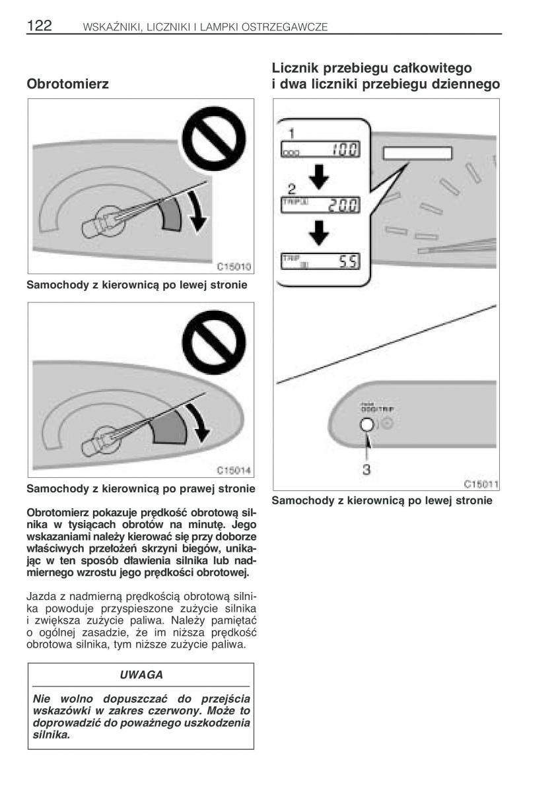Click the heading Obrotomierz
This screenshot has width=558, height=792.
pos(67,84)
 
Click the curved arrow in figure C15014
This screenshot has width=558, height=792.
pos(197,422)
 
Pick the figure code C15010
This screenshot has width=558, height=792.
pos(234,267)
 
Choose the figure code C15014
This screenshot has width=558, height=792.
pos(234,471)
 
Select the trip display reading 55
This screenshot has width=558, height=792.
pos(320,261)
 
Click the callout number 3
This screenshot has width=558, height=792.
pos(366,470)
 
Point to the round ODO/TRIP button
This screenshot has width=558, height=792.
pos(367,426)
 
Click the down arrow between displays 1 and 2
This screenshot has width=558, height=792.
pos(320,174)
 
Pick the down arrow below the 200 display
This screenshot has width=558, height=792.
pos(320,231)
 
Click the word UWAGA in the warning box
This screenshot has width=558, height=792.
pos(141,675)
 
